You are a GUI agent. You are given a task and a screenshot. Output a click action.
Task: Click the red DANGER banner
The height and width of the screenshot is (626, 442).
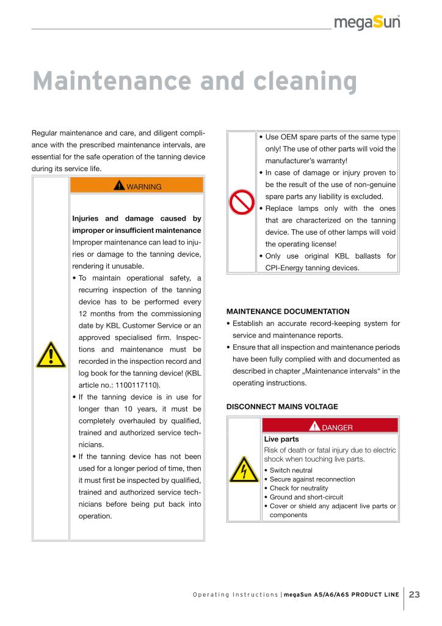330,427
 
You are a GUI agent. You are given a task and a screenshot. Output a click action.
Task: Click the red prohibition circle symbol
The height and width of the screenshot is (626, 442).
241,202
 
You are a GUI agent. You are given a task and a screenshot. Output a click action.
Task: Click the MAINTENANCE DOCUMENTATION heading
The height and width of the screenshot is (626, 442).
288,311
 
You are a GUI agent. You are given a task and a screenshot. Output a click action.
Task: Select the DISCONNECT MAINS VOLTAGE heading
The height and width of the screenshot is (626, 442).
282,407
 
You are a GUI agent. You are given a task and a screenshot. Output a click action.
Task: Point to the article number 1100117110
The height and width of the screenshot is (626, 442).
137,385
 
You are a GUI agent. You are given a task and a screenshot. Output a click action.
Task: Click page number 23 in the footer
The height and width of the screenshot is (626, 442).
415,595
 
